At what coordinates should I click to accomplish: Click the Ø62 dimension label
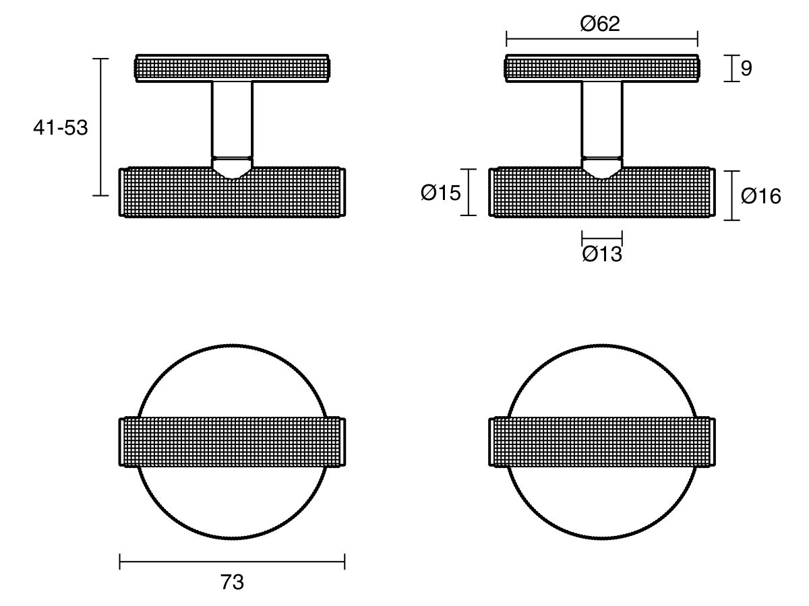[599, 24]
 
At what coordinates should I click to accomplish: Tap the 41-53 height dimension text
[61, 128]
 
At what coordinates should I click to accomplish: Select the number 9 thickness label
[746, 68]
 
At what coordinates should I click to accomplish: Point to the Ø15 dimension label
[440, 193]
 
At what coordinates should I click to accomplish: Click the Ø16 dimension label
[760, 196]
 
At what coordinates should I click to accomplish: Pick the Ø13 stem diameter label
[602, 254]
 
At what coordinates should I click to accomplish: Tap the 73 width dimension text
[232, 582]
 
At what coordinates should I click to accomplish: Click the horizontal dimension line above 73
[232, 562]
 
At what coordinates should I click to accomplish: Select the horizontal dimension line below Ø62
[602, 38]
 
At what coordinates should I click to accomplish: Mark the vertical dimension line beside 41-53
[100, 127]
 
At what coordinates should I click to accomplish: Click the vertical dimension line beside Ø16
[732, 195]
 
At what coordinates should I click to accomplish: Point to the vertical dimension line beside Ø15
[469, 192]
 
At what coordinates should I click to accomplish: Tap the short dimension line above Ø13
[602, 238]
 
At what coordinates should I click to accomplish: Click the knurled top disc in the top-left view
[232, 69]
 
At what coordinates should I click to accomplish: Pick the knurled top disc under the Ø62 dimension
[602, 69]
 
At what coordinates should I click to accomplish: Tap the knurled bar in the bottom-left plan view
[232, 442]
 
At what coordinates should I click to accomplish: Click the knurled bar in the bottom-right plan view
[602, 442]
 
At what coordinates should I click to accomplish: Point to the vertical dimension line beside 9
[731, 68]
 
